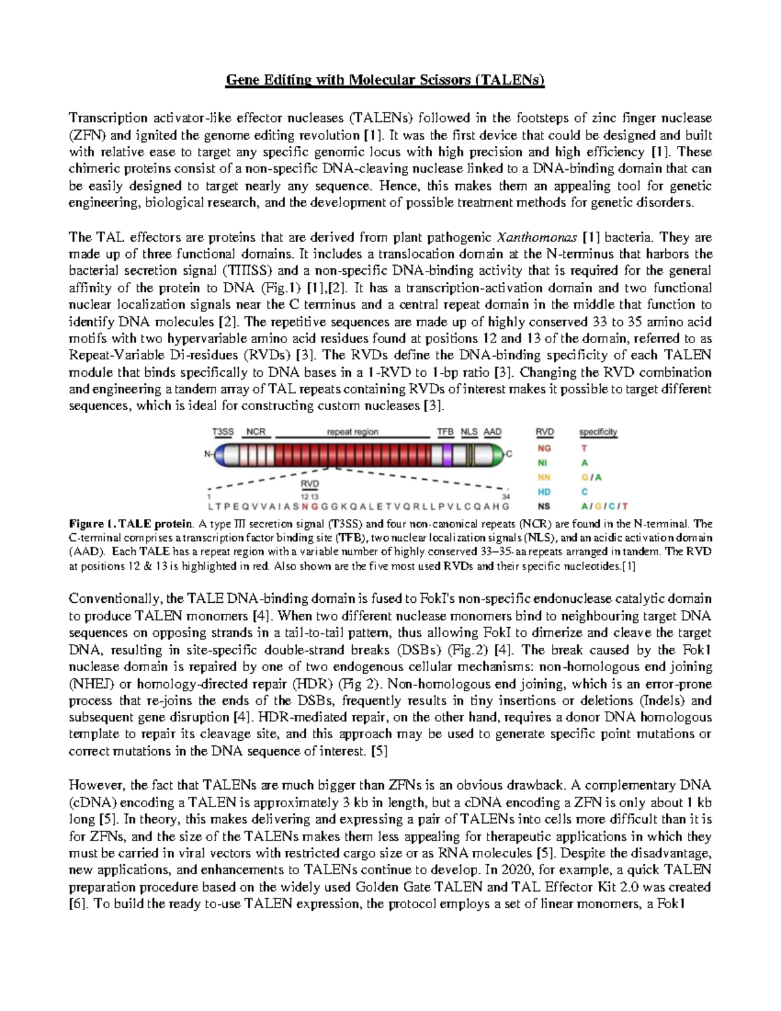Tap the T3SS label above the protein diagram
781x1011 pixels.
223,432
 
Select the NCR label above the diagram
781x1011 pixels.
256,432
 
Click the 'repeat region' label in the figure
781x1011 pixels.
352,432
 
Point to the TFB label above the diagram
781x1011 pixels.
445,432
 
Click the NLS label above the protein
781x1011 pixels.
469,432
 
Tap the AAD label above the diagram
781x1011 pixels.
493,432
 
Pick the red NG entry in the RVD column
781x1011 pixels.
543,448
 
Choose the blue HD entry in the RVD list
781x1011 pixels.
543,492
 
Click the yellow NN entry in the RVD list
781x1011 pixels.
543,477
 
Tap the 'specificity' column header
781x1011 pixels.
597,432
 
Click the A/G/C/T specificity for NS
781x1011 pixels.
604,506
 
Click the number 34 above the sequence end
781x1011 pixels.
505,497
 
